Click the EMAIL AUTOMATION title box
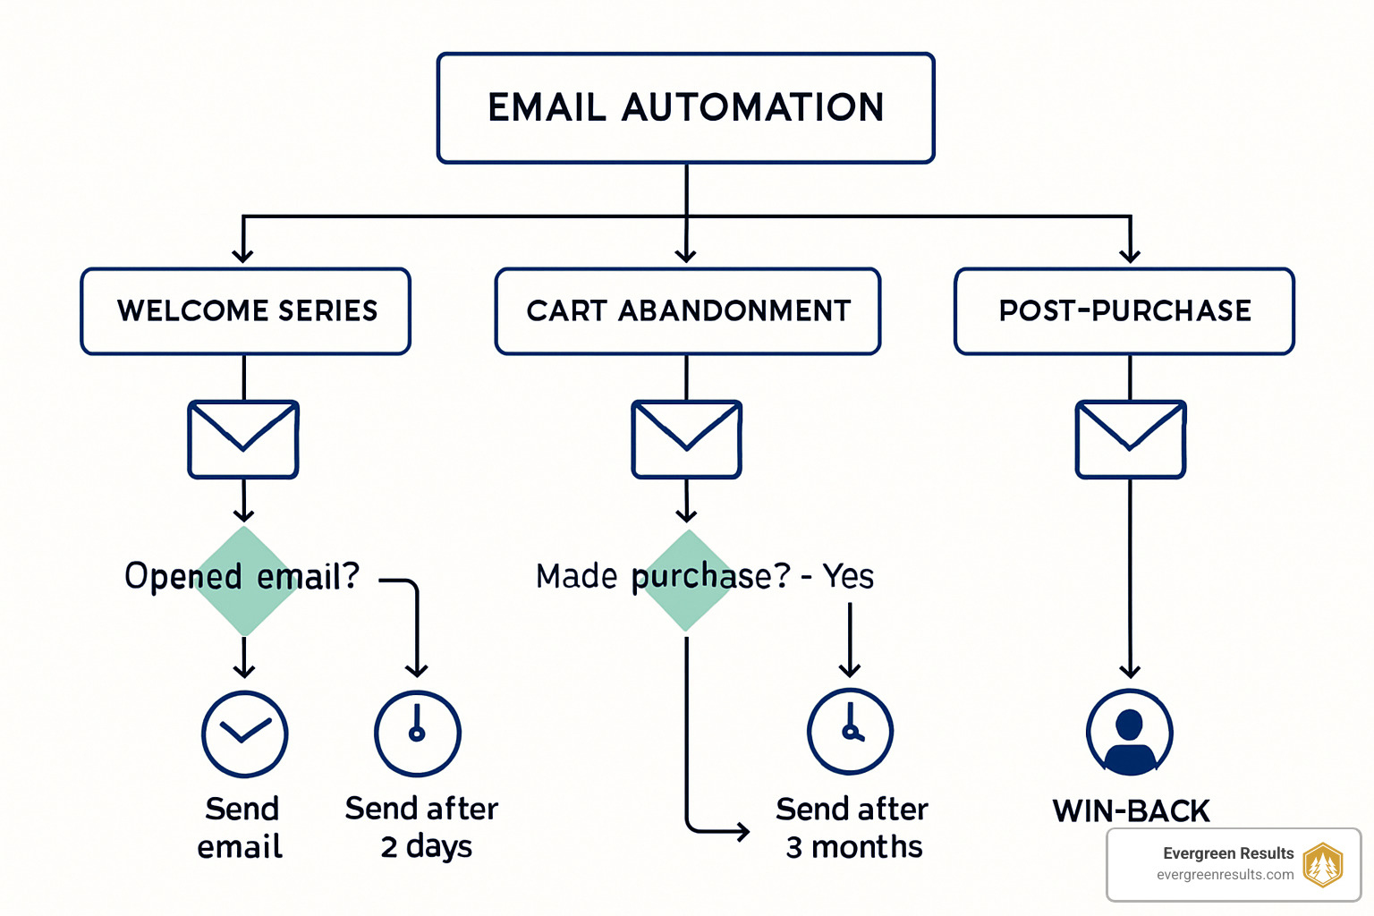point(685,108)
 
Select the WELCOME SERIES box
point(246,311)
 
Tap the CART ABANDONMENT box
point(687,311)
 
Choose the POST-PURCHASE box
point(1124,311)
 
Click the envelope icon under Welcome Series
point(243,439)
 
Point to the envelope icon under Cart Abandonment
point(686,439)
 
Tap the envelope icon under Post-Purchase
point(1131,439)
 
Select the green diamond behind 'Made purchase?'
point(687,581)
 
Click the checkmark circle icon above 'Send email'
point(244,734)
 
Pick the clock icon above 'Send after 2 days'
point(417,734)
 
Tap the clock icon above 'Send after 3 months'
point(850,732)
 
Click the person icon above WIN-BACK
point(1130,733)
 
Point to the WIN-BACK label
point(1131,811)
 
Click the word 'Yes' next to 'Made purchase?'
point(848,576)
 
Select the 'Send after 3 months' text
point(852,827)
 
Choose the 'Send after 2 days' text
point(422,827)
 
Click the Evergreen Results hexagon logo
point(1322,864)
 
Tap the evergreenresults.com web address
point(1225,875)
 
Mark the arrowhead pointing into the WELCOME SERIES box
point(243,256)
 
